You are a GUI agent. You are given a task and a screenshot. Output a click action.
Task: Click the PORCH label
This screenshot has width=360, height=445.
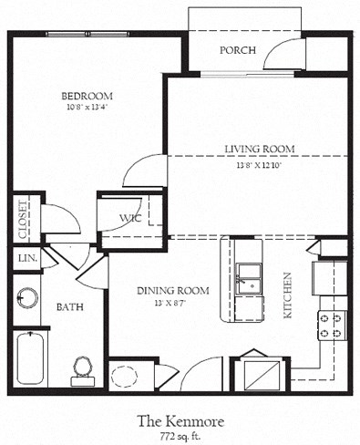click(x=237, y=50)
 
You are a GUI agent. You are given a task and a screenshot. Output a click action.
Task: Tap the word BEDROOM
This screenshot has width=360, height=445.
click(x=86, y=96)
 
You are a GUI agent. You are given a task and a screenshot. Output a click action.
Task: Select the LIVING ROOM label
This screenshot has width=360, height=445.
click(x=257, y=150)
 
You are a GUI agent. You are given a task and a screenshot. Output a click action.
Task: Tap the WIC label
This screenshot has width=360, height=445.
click(x=129, y=218)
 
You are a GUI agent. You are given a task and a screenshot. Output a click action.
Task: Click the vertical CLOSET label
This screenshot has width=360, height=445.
click(x=23, y=220)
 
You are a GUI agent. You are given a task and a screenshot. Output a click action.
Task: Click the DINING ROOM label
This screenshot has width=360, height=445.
click(x=172, y=291)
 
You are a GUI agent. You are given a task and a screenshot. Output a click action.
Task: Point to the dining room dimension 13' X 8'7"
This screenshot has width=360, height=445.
click(x=172, y=304)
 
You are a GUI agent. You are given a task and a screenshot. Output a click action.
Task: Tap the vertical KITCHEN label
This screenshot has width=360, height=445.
click(x=286, y=294)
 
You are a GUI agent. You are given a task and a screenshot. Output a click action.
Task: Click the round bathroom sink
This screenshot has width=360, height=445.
click(x=27, y=298)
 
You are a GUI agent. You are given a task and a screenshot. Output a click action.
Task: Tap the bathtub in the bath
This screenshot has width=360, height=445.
click(x=30, y=359)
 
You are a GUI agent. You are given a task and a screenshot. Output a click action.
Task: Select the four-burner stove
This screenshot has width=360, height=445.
click(x=332, y=325)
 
